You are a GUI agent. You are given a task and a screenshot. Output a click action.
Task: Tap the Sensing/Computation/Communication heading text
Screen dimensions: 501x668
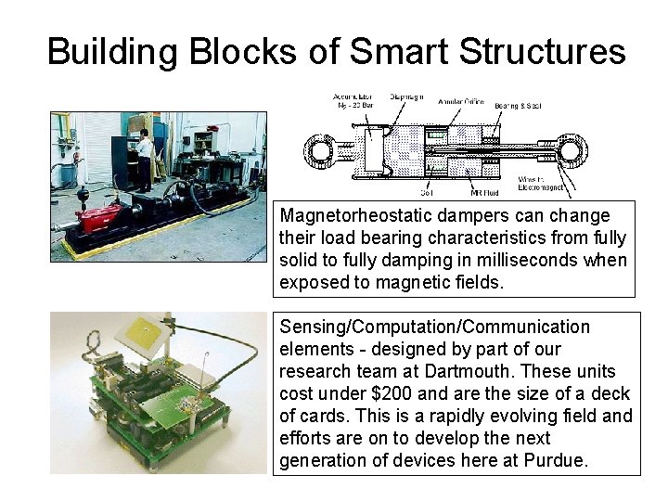pos(434,327)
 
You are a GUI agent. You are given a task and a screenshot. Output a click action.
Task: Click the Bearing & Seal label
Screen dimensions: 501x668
pos(517,106)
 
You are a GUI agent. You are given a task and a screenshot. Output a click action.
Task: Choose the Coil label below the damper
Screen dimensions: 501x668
pos(400,194)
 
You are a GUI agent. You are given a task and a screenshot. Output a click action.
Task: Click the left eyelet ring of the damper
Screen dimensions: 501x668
pos(323,148)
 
